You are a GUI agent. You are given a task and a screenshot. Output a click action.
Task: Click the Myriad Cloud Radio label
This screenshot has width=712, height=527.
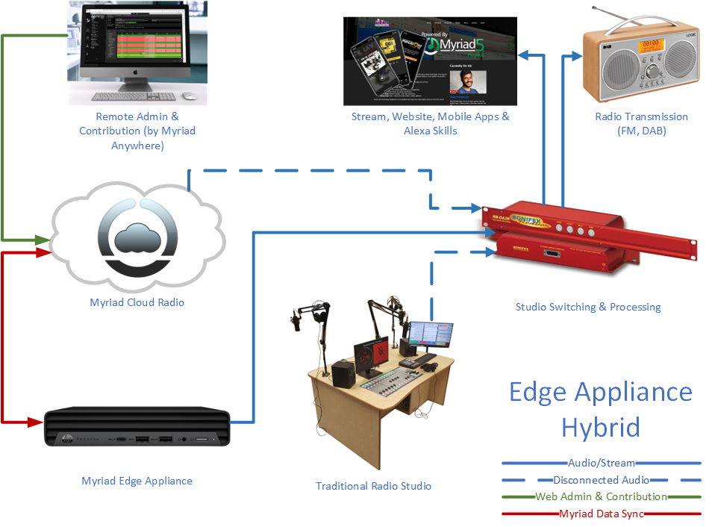point(137,302)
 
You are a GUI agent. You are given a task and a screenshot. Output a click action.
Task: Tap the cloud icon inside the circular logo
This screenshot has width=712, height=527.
point(137,237)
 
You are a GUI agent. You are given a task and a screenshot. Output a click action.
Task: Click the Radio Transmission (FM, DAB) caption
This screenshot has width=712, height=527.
point(641,123)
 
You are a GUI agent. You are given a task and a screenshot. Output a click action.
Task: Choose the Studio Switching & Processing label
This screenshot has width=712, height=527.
point(588,307)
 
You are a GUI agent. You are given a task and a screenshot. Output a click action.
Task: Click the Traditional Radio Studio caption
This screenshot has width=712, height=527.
point(373,486)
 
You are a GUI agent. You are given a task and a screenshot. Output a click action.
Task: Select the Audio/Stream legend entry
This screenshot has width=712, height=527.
point(601,464)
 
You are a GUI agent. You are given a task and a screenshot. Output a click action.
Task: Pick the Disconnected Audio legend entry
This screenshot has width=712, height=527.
point(601,480)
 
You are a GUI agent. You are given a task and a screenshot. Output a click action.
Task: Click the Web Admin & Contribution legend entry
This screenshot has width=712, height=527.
point(601,496)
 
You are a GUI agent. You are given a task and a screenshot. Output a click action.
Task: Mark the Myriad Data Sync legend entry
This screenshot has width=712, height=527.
point(601,514)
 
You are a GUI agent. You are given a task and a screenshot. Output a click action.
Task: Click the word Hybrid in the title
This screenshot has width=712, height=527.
point(600,428)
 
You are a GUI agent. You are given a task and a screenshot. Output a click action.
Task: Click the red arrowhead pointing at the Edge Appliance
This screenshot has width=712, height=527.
point(35,422)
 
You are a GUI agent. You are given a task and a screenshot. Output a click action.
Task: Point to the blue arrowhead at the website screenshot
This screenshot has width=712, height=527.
point(527,54)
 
